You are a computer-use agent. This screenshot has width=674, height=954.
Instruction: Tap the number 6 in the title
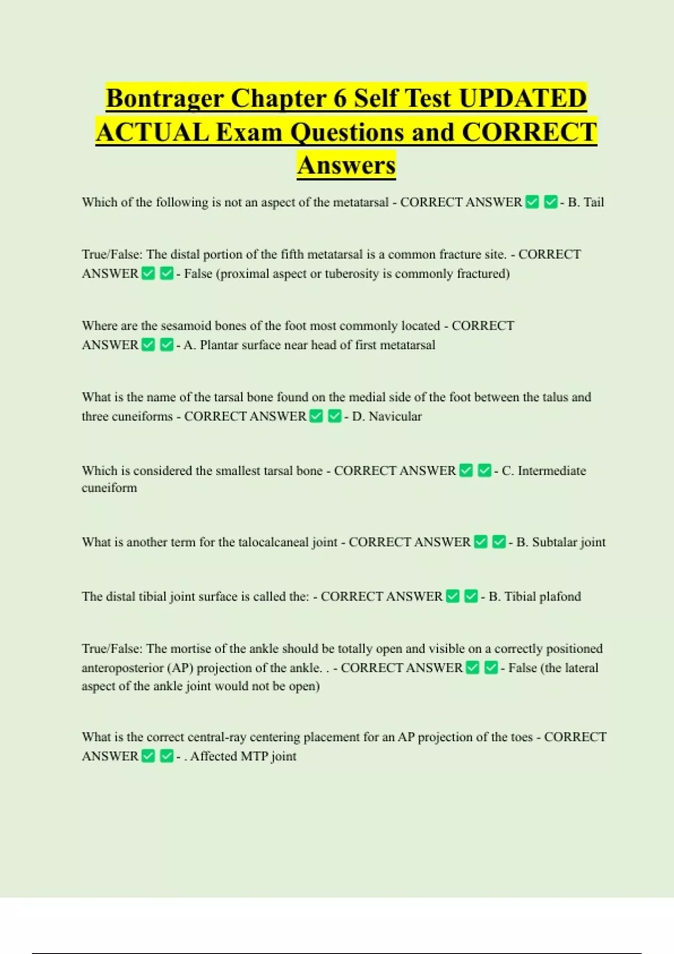[x=340, y=98]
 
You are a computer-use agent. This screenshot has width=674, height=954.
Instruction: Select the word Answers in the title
[x=347, y=165]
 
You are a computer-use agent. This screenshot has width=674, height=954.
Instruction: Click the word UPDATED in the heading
[x=523, y=98]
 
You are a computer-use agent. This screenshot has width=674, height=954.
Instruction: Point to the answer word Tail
[x=594, y=202]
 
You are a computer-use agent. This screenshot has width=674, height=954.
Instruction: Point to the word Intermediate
[x=552, y=471]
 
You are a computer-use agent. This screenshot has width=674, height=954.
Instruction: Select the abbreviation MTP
[x=254, y=756]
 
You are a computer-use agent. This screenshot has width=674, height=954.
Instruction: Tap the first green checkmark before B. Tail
[x=532, y=202]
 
